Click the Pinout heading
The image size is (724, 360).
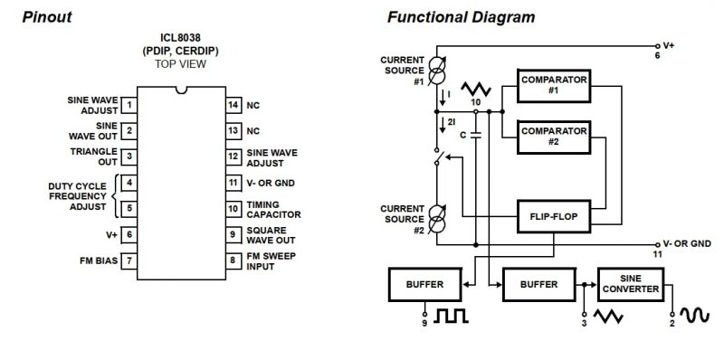point(47,17)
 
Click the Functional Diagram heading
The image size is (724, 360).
point(461,17)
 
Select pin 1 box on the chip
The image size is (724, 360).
point(130,106)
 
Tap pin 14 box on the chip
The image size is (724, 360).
point(233,106)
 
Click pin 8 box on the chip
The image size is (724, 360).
point(233,261)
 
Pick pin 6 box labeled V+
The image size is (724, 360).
point(130,235)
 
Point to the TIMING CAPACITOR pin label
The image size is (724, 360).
point(274,210)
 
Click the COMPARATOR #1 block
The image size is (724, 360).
point(553,85)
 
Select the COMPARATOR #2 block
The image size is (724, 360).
point(553,137)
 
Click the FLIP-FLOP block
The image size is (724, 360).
point(553,218)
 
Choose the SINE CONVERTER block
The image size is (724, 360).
point(633,284)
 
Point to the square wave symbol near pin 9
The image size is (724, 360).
point(449,317)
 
